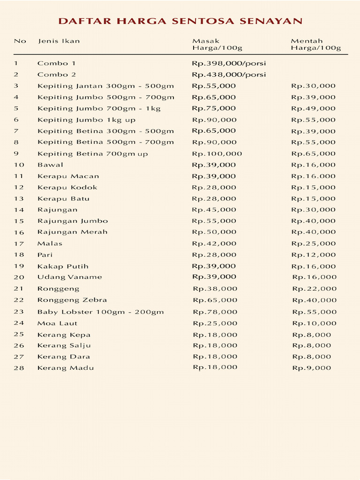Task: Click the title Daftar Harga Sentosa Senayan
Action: (x=180, y=21)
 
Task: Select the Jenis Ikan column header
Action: (x=59, y=41)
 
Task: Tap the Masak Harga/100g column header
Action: (x=217, y=45)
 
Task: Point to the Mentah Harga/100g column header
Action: (x=315, y=45)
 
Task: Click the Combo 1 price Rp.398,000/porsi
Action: (x=229, y=63)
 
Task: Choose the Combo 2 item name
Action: (x=57, y=75)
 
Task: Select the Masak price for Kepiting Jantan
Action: (x=214, y=86)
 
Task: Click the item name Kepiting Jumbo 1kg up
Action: (x=86, y=120)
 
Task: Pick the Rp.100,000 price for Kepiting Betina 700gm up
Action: (x=217, y=154)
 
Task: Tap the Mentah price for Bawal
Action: (x=313, y=165)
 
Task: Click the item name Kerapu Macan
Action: (x=68, y=176)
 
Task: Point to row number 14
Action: (x=19, y=210)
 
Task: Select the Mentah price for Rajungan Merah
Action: (x=313, y=232)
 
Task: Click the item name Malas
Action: (x=50, y=244)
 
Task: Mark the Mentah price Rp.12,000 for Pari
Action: (x=313, y=255)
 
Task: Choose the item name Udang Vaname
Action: (x=69, y=277)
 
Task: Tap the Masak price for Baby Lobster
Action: (x=215, y=312)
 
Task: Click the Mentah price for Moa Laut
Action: (x=314, y=323)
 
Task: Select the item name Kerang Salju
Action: (x=64, y=345)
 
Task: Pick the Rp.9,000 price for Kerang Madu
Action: (x=312, y=368)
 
